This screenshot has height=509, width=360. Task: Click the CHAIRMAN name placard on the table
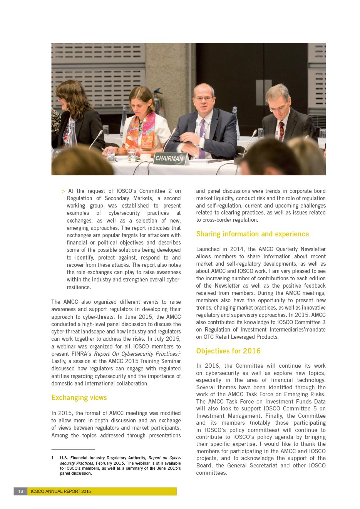coord(169,158)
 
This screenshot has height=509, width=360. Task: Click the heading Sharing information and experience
coord(253,234)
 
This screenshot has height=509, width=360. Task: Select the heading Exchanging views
coord(79,398)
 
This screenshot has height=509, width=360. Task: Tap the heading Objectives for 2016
coord(228,351)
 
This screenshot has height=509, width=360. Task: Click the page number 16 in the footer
coord(21,491)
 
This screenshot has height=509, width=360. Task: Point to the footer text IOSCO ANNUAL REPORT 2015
coord(61,491)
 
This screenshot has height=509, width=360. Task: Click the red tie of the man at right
coord(282,131)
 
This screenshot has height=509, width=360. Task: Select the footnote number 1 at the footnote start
coord(53,458)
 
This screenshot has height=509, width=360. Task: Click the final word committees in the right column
coord(211,473)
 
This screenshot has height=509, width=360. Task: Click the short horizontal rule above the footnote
coord(73,449)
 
